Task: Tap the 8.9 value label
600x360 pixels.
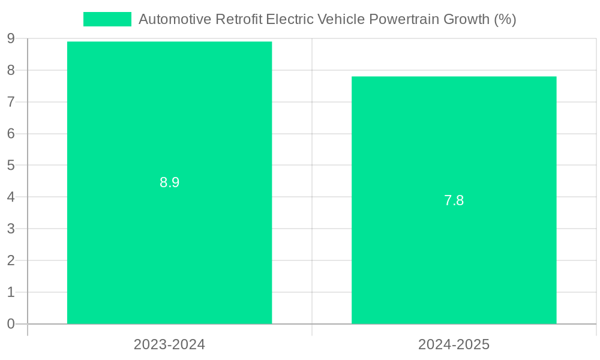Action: pos(169,183)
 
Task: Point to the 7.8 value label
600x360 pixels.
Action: pos(454,201)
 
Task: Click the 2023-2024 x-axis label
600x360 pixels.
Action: pos(169,345)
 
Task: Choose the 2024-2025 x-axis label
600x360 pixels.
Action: pos(454,345)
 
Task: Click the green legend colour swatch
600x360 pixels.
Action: pos(107,19)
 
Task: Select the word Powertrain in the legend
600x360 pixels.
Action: pos(404,19)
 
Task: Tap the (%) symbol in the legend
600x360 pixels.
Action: pos(505,19)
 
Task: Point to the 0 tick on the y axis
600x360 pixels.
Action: pos(11,324)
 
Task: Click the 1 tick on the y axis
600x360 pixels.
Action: pos(11,292)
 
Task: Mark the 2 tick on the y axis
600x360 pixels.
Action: pos(11,260)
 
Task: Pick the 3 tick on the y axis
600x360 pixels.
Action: pos(11,229)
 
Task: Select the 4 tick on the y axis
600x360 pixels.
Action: pos(11,197)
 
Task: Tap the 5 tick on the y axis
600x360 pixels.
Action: pos(11,165)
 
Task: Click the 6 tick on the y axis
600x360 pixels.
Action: pos(11,134)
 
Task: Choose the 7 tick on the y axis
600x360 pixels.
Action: pos(11,102)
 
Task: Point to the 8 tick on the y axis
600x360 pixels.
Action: pos(11,70)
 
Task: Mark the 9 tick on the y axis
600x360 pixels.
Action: pos(11,39)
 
